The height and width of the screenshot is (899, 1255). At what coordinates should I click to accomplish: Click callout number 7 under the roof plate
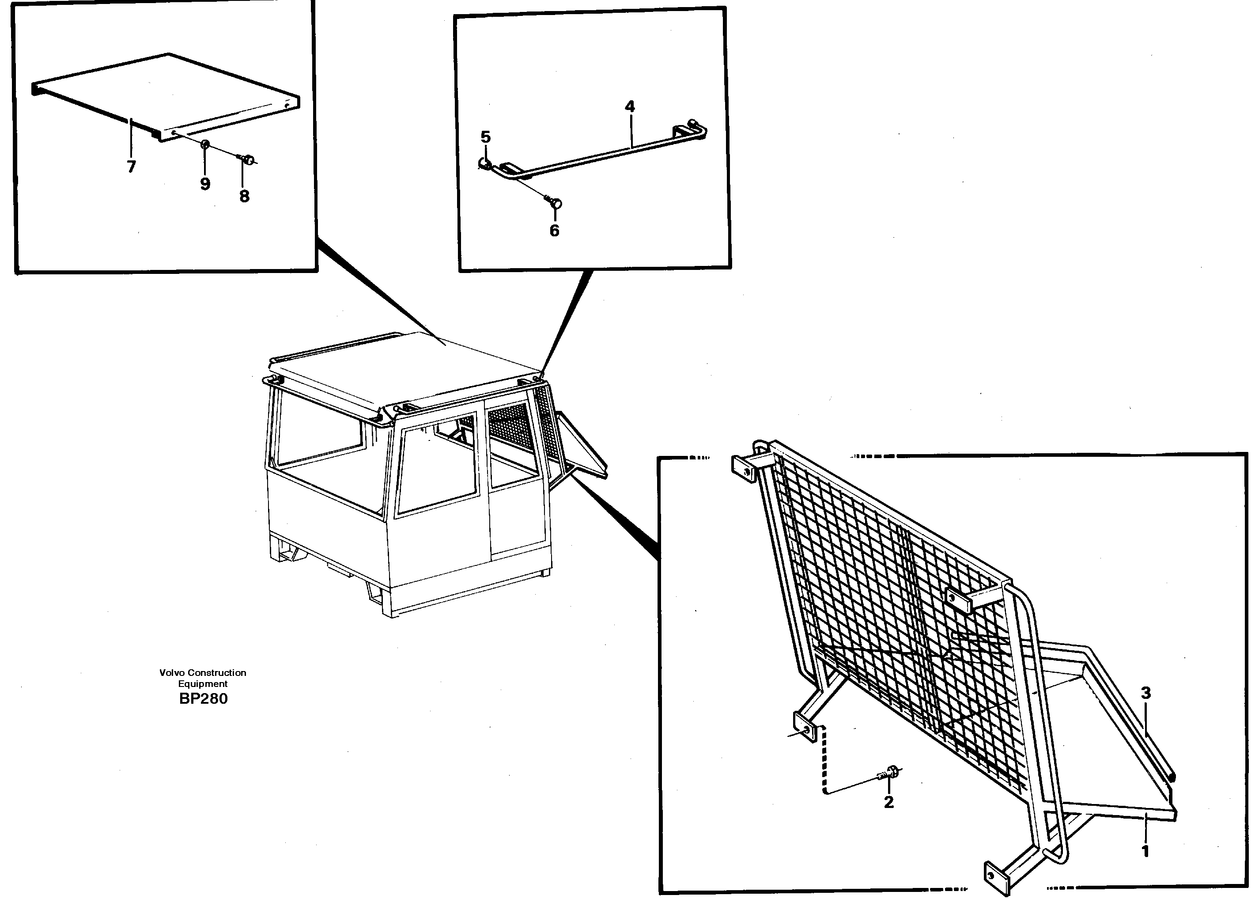point(131,167)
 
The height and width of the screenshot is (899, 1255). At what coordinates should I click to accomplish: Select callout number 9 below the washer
point(205,184)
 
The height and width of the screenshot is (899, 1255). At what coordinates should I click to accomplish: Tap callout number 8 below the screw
point(244,196)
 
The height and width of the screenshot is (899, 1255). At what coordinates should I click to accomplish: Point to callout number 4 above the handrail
point(630,106)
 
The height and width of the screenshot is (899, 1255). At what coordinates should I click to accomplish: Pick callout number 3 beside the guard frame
point(1146,693)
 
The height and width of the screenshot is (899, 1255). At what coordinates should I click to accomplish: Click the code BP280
point(203,699)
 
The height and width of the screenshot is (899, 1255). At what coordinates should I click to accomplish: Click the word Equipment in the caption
point(203,684)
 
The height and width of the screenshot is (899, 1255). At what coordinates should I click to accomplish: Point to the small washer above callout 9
point(205,144)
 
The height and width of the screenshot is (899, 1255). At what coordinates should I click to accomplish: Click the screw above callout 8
point(248,160)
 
